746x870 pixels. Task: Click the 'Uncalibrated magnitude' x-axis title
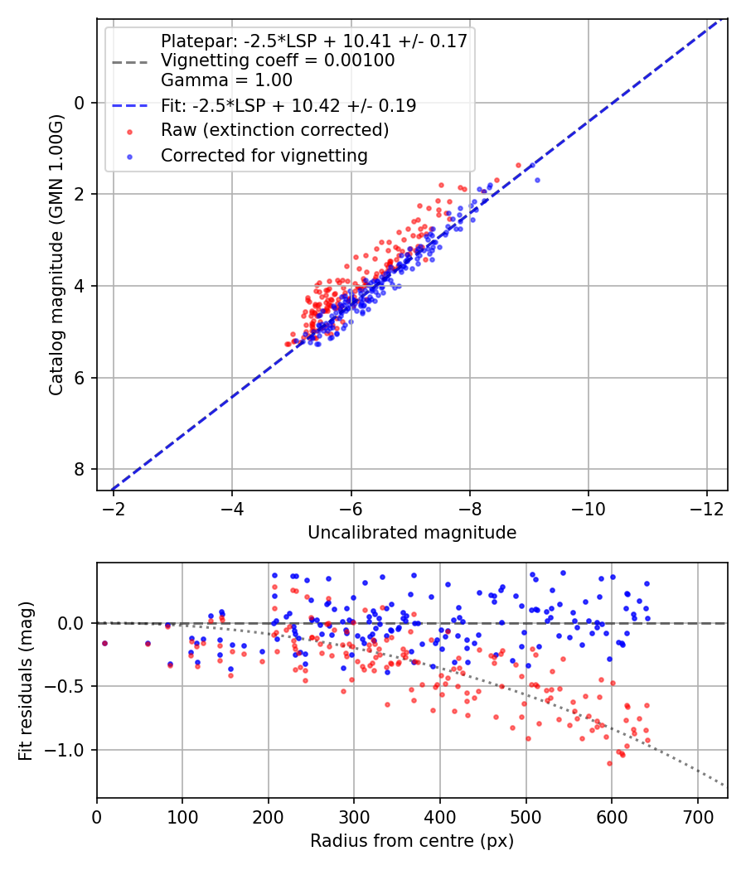[x=412, y=533]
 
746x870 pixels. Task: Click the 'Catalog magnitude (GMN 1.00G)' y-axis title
[x=56, y=255]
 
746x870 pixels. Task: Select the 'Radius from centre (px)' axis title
[x=412, y=841]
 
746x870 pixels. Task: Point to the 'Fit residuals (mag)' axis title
[x=26, y=681]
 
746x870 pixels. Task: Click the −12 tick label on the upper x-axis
[x=706, y=509]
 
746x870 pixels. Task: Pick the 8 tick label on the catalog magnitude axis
[x=80, y=470]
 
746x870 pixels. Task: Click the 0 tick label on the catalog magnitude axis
[x=80, y=104]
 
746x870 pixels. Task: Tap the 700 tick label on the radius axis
[x=698, y=817]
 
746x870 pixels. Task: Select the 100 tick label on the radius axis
[x=182, y=817]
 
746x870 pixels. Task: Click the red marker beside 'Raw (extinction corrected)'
[x=130, y=132]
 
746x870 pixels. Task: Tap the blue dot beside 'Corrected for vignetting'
[x=130, y=157]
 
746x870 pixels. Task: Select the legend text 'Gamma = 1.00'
[x=226, y=80]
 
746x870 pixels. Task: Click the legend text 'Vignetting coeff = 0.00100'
[x=278, y=60]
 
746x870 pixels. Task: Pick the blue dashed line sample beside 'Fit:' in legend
[x=130, y=105]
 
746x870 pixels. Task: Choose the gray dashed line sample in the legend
[x=130, y=62]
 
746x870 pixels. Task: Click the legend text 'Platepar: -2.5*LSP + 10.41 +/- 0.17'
[x=314, y=41]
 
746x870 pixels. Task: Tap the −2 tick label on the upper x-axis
[x=114, y=509]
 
